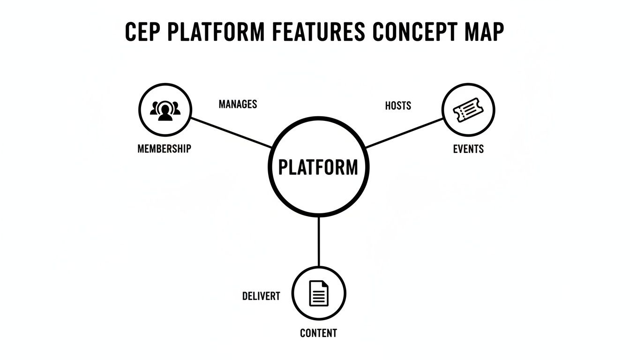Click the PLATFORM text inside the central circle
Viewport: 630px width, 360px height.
[318, 167]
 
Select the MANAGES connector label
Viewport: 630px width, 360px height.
[238, 104]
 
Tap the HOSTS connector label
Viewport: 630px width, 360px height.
[398, 105]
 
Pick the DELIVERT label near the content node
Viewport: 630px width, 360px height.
[261, 296]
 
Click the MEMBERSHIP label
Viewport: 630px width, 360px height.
[164, 149]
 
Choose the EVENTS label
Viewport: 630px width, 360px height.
[468, 149]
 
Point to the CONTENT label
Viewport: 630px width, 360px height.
[318, 333]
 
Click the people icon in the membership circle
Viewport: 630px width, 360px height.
[165, 110]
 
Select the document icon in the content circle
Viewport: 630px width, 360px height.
[319, 293]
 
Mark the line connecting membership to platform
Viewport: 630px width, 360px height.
[231, 132]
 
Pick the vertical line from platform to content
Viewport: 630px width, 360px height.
[319, 241]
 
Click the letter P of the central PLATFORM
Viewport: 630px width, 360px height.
[283, 167]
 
